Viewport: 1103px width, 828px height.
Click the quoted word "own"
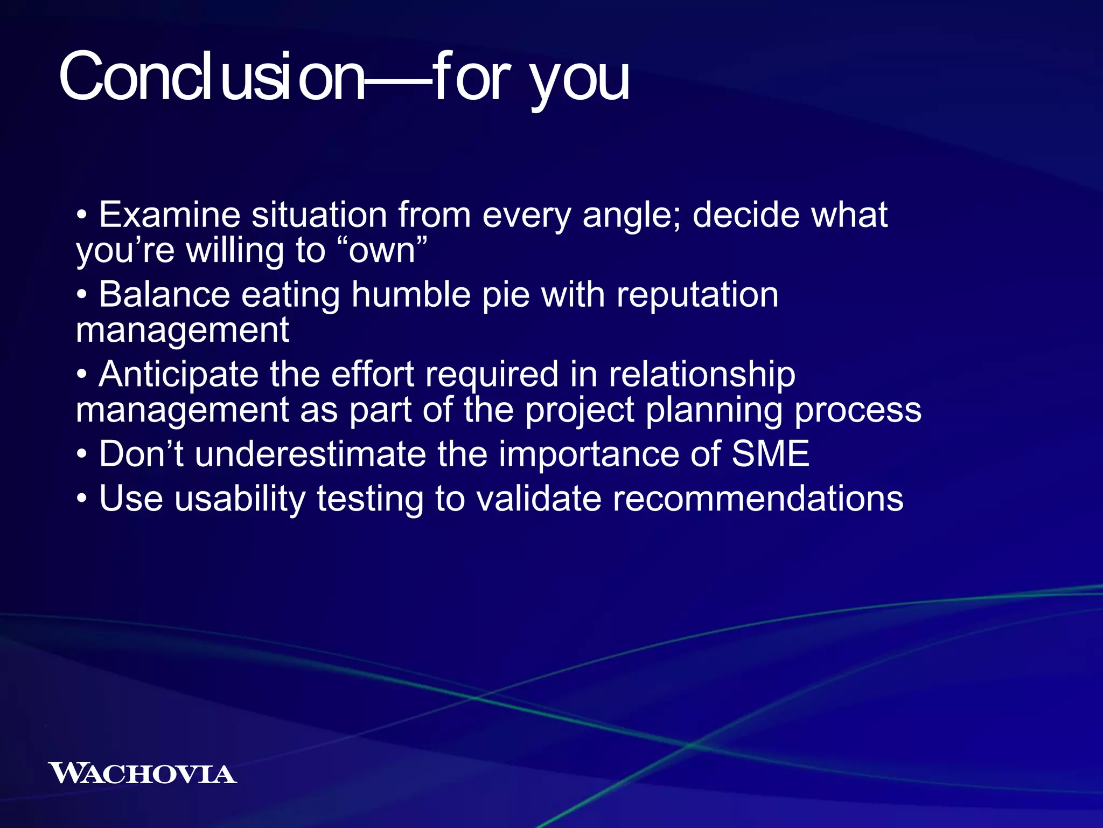pos(382,250)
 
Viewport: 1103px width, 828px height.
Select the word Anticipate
pos(178,374)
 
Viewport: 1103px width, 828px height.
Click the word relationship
pos(701,374)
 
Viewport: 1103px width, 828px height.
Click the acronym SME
pos(770,454)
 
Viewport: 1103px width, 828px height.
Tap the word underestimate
pos(310,454)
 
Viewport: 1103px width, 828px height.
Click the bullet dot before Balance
pos(81,296)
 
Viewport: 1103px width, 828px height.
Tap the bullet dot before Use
pos(81,499)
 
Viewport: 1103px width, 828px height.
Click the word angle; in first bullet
pos(631,216)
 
